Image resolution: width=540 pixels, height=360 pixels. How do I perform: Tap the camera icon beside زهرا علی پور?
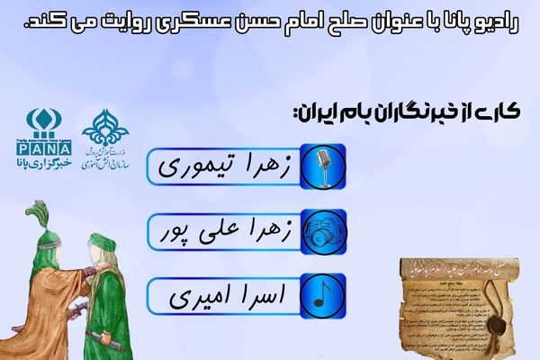(x=316, y=232)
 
